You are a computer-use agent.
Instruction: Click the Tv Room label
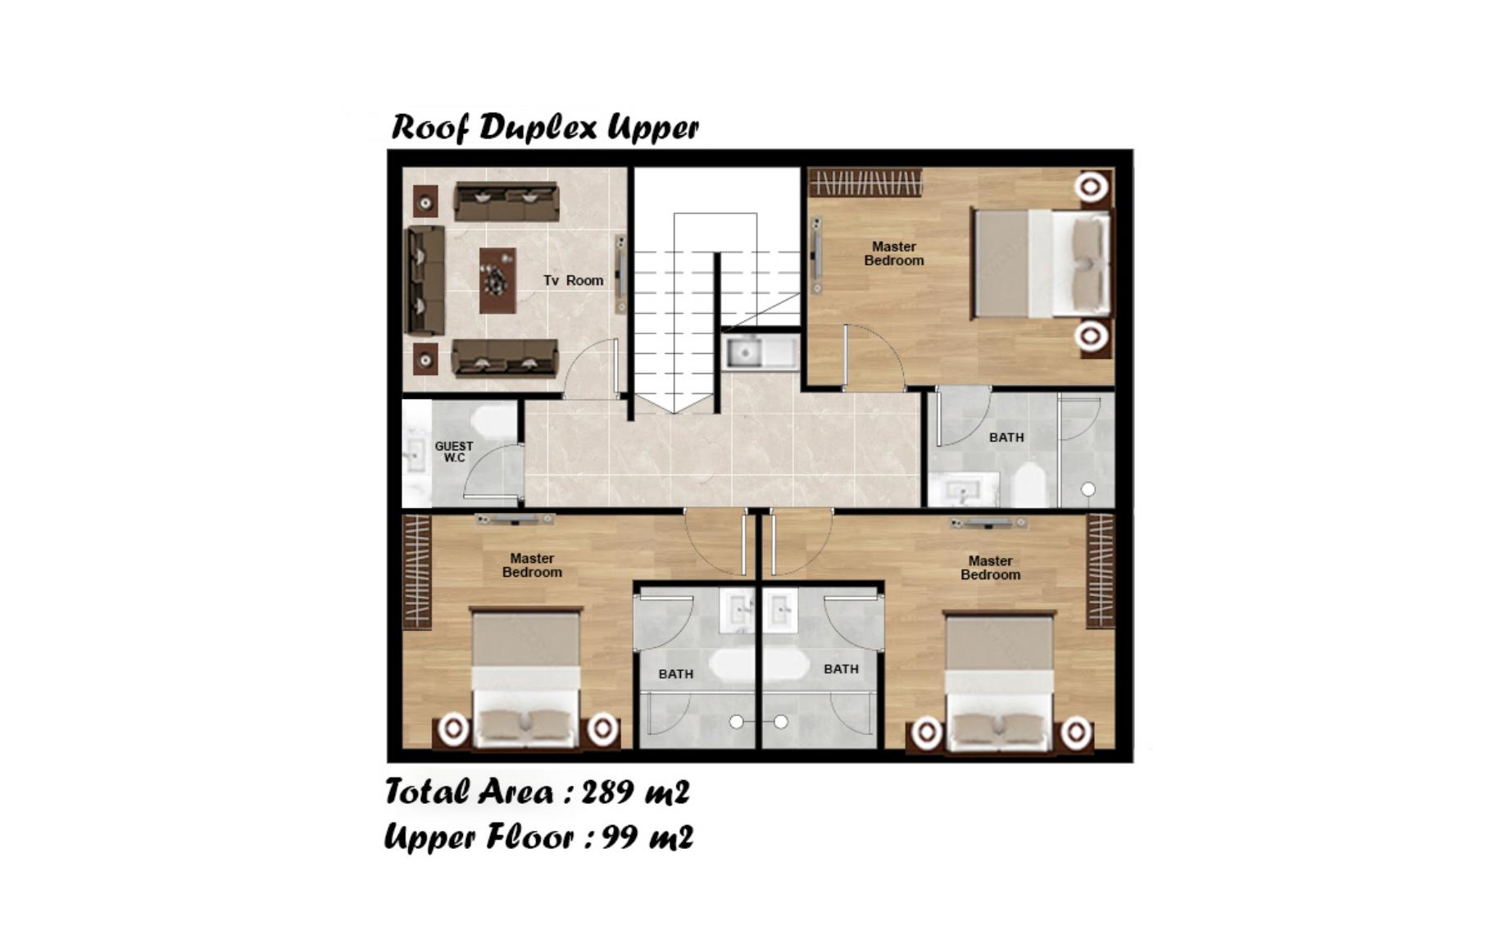pyautogui.click(x=573, y=280)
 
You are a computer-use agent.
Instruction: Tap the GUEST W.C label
pyautogui.click(x=454, y=451)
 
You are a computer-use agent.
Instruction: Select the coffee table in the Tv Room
pyautogui.click(x=497, y=280)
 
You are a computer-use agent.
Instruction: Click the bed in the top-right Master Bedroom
pyautogui.click(x=1041, y=263)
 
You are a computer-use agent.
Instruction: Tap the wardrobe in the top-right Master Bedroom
pyautogui.click(x=865, y=183)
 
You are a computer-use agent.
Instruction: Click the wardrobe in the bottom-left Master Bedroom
pyautogui.click(x=417, y=571)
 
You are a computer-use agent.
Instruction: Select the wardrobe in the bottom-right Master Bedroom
pyautogui.click(x=1101, y=571)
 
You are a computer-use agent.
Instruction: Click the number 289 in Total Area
pyautogui.click(x=608, y=792)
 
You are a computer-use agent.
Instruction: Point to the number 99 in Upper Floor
pyautogui.click(x=620, y=837)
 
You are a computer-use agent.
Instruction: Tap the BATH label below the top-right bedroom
pyautogui.click(x=1006, y=438)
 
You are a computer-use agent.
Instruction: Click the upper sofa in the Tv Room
pyautogui.click(x=507, y=202)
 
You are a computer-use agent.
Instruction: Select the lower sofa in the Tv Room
pyautogui.click(x=506, y=358)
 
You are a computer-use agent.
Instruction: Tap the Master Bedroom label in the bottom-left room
pyautogui.click(x=532, y=565)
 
